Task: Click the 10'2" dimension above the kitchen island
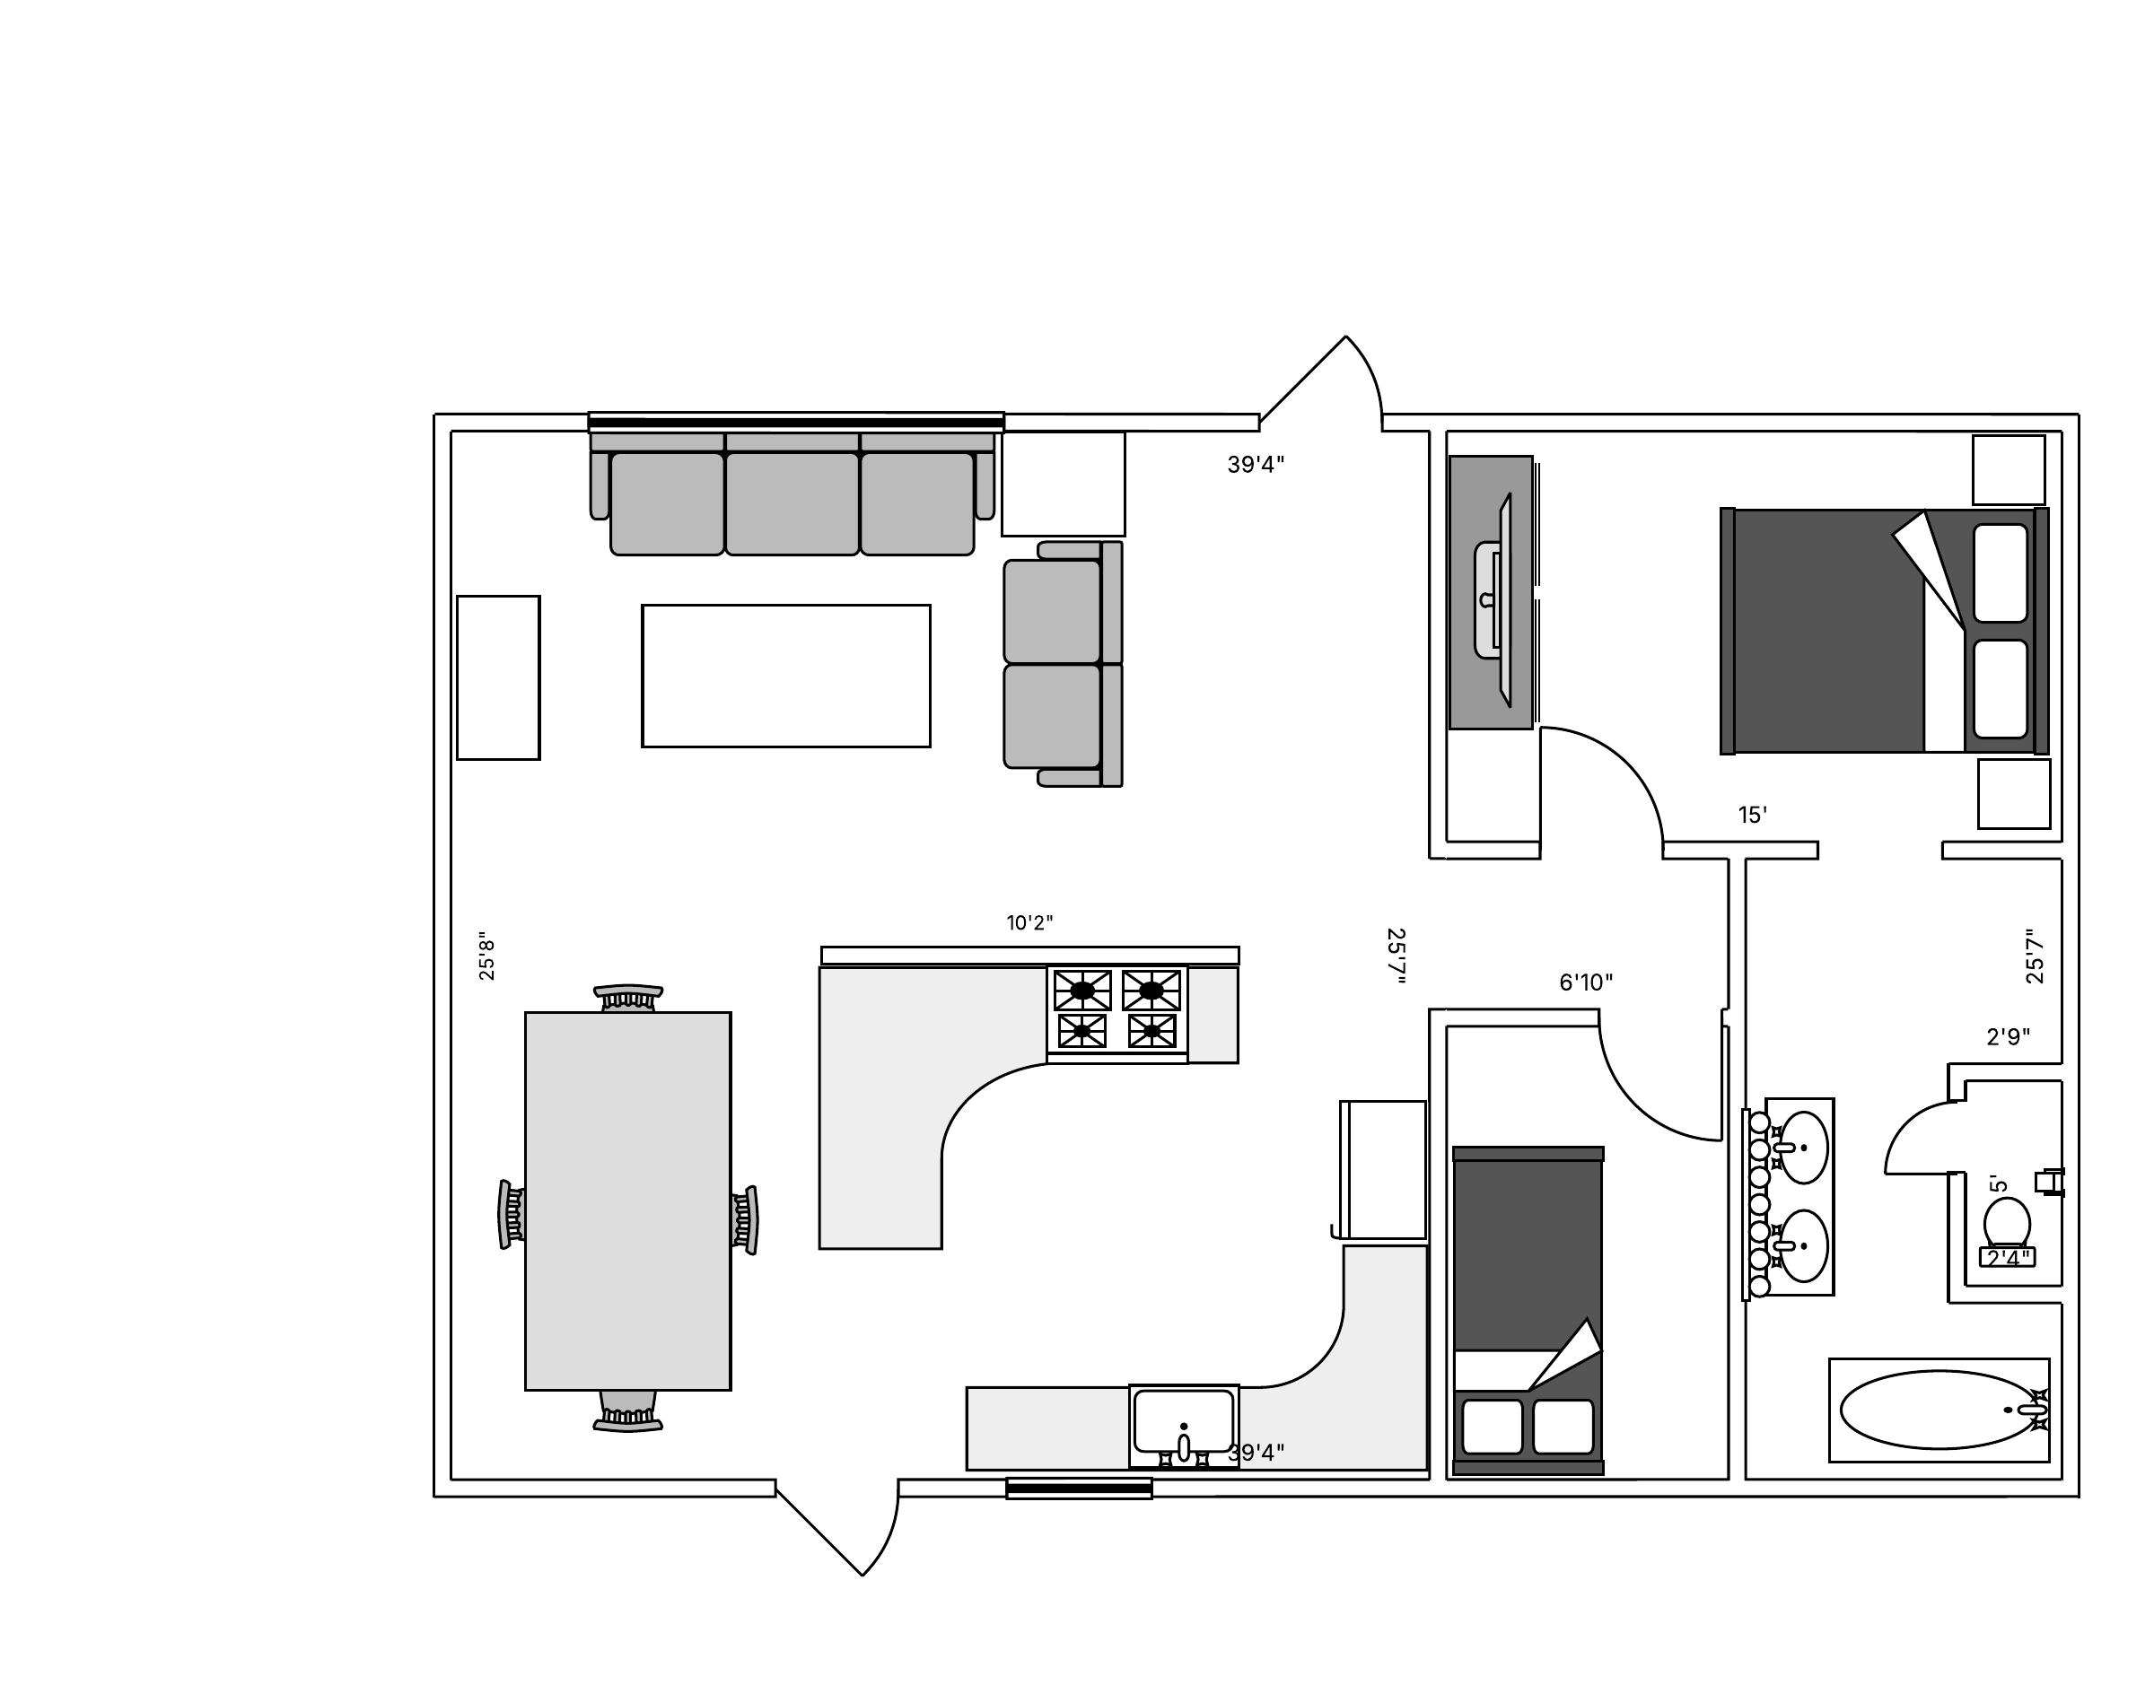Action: [1029, 923]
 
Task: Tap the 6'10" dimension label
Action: [1586, 982]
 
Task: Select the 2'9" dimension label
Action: [2007, 1037]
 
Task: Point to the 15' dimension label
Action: [1752, 816]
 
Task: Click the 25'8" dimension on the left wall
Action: [486, 956]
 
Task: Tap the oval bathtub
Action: [1939, 1410]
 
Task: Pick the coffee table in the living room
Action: [786, 676]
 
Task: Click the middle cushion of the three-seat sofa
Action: [792, 502]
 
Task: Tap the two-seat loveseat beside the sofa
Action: [1063, 664]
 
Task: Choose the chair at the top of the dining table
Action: [628, 998]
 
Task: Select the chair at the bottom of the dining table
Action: [628, 1410]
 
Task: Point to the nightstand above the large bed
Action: [2008, 470]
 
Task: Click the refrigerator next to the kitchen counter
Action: [1382, 1169]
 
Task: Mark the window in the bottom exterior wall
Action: [1079, 1489]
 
